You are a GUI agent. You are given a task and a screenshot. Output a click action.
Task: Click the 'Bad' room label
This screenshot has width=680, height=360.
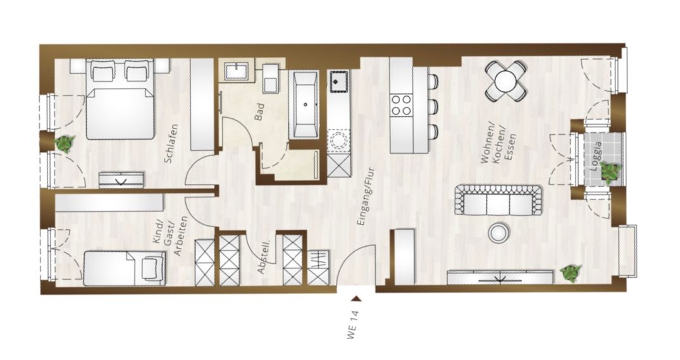(x=259, y=111)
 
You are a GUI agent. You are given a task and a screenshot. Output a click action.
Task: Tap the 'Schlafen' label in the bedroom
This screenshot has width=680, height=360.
(x=171, y=144)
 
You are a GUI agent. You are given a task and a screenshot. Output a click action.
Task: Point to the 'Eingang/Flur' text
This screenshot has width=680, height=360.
(x=365, y=197)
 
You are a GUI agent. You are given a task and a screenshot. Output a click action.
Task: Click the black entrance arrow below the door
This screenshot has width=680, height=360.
(x=357, y=299)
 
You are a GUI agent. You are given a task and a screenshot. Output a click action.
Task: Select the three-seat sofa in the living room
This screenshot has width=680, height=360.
(x=498, y=200)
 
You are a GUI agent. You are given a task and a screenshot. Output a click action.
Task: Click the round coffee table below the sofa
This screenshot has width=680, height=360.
(x=498, y=233)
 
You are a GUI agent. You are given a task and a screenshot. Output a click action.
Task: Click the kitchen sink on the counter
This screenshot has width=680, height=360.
(x=340, y=82)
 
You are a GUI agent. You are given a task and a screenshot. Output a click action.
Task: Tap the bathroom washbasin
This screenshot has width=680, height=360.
(x=237, y=71)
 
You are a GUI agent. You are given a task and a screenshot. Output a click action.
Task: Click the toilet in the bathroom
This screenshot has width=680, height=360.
(x=271, y=78)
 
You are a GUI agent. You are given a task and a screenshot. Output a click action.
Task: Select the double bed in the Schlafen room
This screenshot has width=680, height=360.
(x=121, y=99)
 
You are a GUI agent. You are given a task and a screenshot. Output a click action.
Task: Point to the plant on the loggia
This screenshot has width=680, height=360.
(x=611, y=171)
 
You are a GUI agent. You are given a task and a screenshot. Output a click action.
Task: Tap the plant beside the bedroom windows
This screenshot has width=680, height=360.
(x=65, y=143)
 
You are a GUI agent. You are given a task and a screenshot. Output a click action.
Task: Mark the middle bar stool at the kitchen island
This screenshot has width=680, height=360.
(x=432, y=106)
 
